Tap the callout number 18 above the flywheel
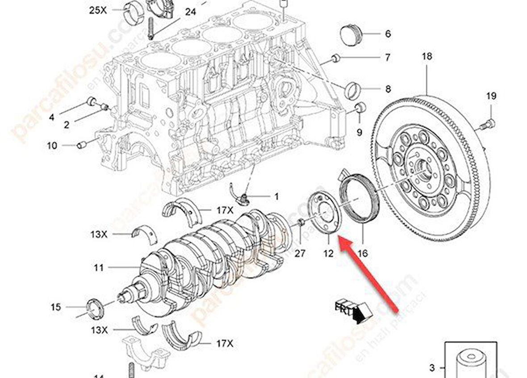click(427, 56)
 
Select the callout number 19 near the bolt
click(491, 96)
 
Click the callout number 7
click(387, 57)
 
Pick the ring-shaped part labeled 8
click(353, 90)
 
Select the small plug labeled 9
click(360, 108)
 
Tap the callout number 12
click(329, 253)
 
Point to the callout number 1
click(276, 196)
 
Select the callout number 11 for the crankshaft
click(99, 268)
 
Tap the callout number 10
click(52, 145)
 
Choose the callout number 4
click(52, 117)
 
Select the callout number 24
click(190, 12)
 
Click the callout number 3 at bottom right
click(431, 368)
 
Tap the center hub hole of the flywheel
click(423, 169)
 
